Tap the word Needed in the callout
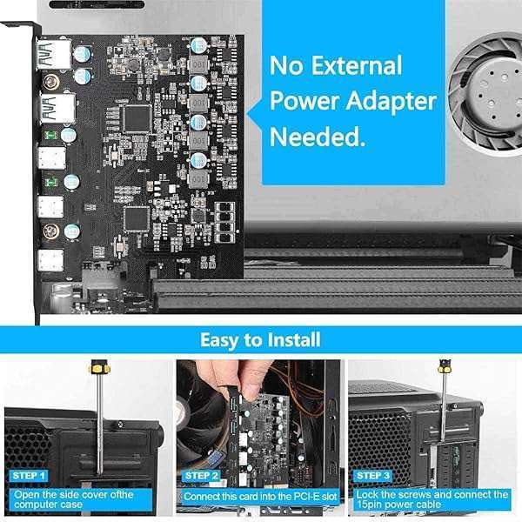click(x=312, y=137)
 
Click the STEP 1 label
click(x=29, y=476)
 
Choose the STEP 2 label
click(x=201, y=476)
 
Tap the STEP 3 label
click(x=373, y=476)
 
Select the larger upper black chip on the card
click(x=137, y=119)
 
